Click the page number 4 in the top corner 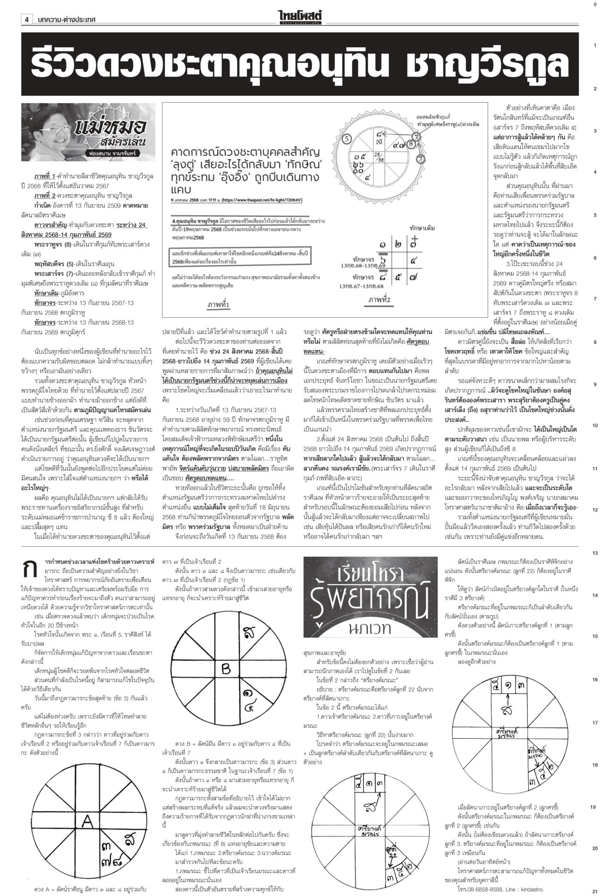pos(27,20)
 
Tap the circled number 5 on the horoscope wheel pos(346,138)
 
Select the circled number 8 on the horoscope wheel pos(411,144)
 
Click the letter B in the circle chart pos(226,670)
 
